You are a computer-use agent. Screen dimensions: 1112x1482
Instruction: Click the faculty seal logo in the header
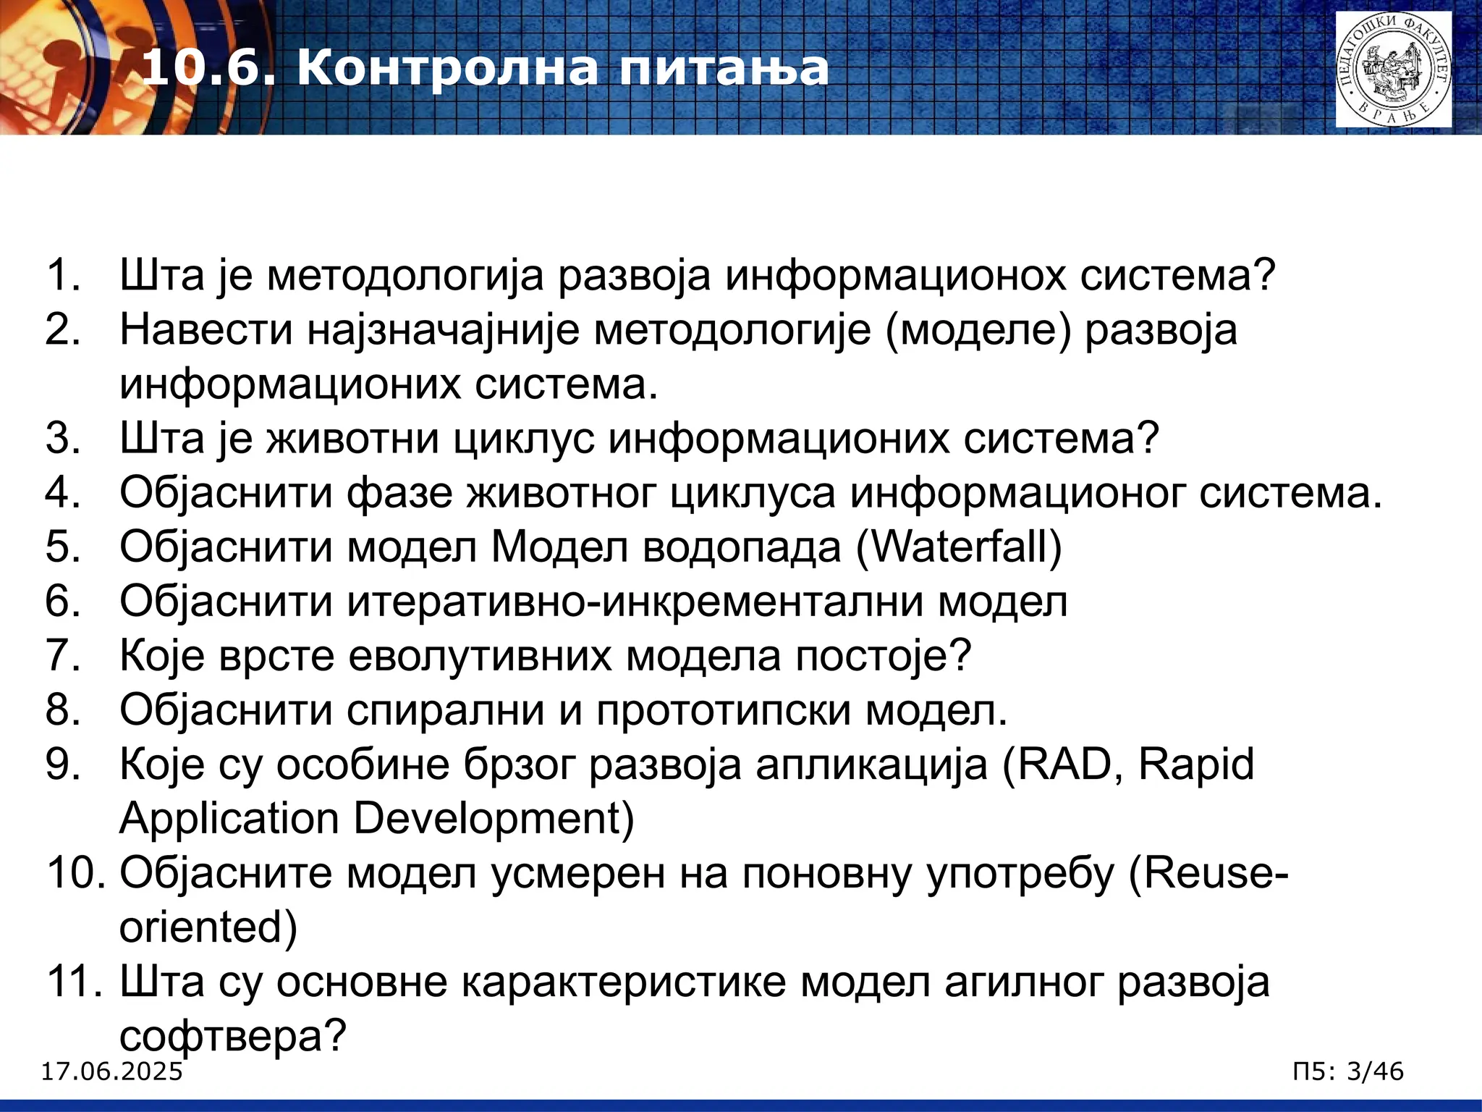1393,69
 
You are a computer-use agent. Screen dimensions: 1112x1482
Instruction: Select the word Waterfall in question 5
959,547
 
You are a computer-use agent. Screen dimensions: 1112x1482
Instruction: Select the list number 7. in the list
63,656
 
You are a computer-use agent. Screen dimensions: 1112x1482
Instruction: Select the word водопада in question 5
741,547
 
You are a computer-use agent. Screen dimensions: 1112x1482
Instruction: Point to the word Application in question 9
229,820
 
